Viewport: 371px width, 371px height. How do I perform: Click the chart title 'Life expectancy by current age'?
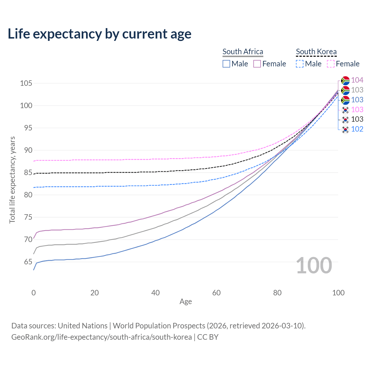[x=99, y=34]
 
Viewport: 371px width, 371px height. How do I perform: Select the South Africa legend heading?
[x=243, y=52]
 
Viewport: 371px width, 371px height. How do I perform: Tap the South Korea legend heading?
[x=316, y=52]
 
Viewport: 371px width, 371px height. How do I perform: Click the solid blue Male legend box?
[x=226, y=64]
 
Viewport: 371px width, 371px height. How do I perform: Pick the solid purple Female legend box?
[x=257, y=64]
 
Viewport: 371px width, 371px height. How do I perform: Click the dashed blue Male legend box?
[x=300, y=64]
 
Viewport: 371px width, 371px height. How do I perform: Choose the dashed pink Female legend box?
[x=331, y=64]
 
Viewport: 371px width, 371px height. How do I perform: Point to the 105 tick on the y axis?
[x=26, y=83]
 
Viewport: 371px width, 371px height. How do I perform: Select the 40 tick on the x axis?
[x=156, y=293]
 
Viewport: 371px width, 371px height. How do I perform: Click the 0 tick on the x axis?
[x=34, y=293]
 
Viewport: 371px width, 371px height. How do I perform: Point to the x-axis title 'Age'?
[x=186, y=302]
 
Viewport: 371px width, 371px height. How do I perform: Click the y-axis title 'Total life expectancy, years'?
[x=12, y=180]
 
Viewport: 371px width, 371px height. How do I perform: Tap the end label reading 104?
[x=357, y=80]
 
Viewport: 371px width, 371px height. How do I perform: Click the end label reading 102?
[x=357, y=129]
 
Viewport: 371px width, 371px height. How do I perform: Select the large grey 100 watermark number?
[x=314, y=265]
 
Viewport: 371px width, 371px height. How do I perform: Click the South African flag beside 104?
[x=345, y=80]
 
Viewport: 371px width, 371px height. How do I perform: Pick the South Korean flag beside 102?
[x=345, y=129]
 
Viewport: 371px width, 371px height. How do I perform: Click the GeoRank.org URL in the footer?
[x=101, y=337]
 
